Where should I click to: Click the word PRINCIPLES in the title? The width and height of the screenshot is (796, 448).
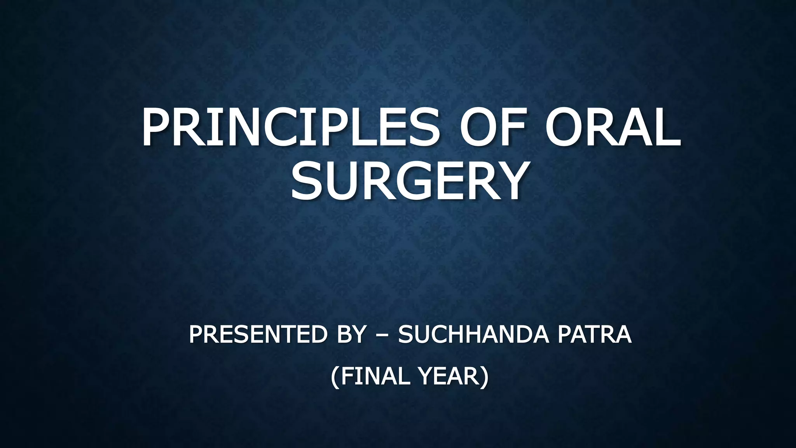290,128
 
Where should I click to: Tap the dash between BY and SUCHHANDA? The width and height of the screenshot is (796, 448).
382,335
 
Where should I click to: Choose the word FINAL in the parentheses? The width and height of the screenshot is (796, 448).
376,376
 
